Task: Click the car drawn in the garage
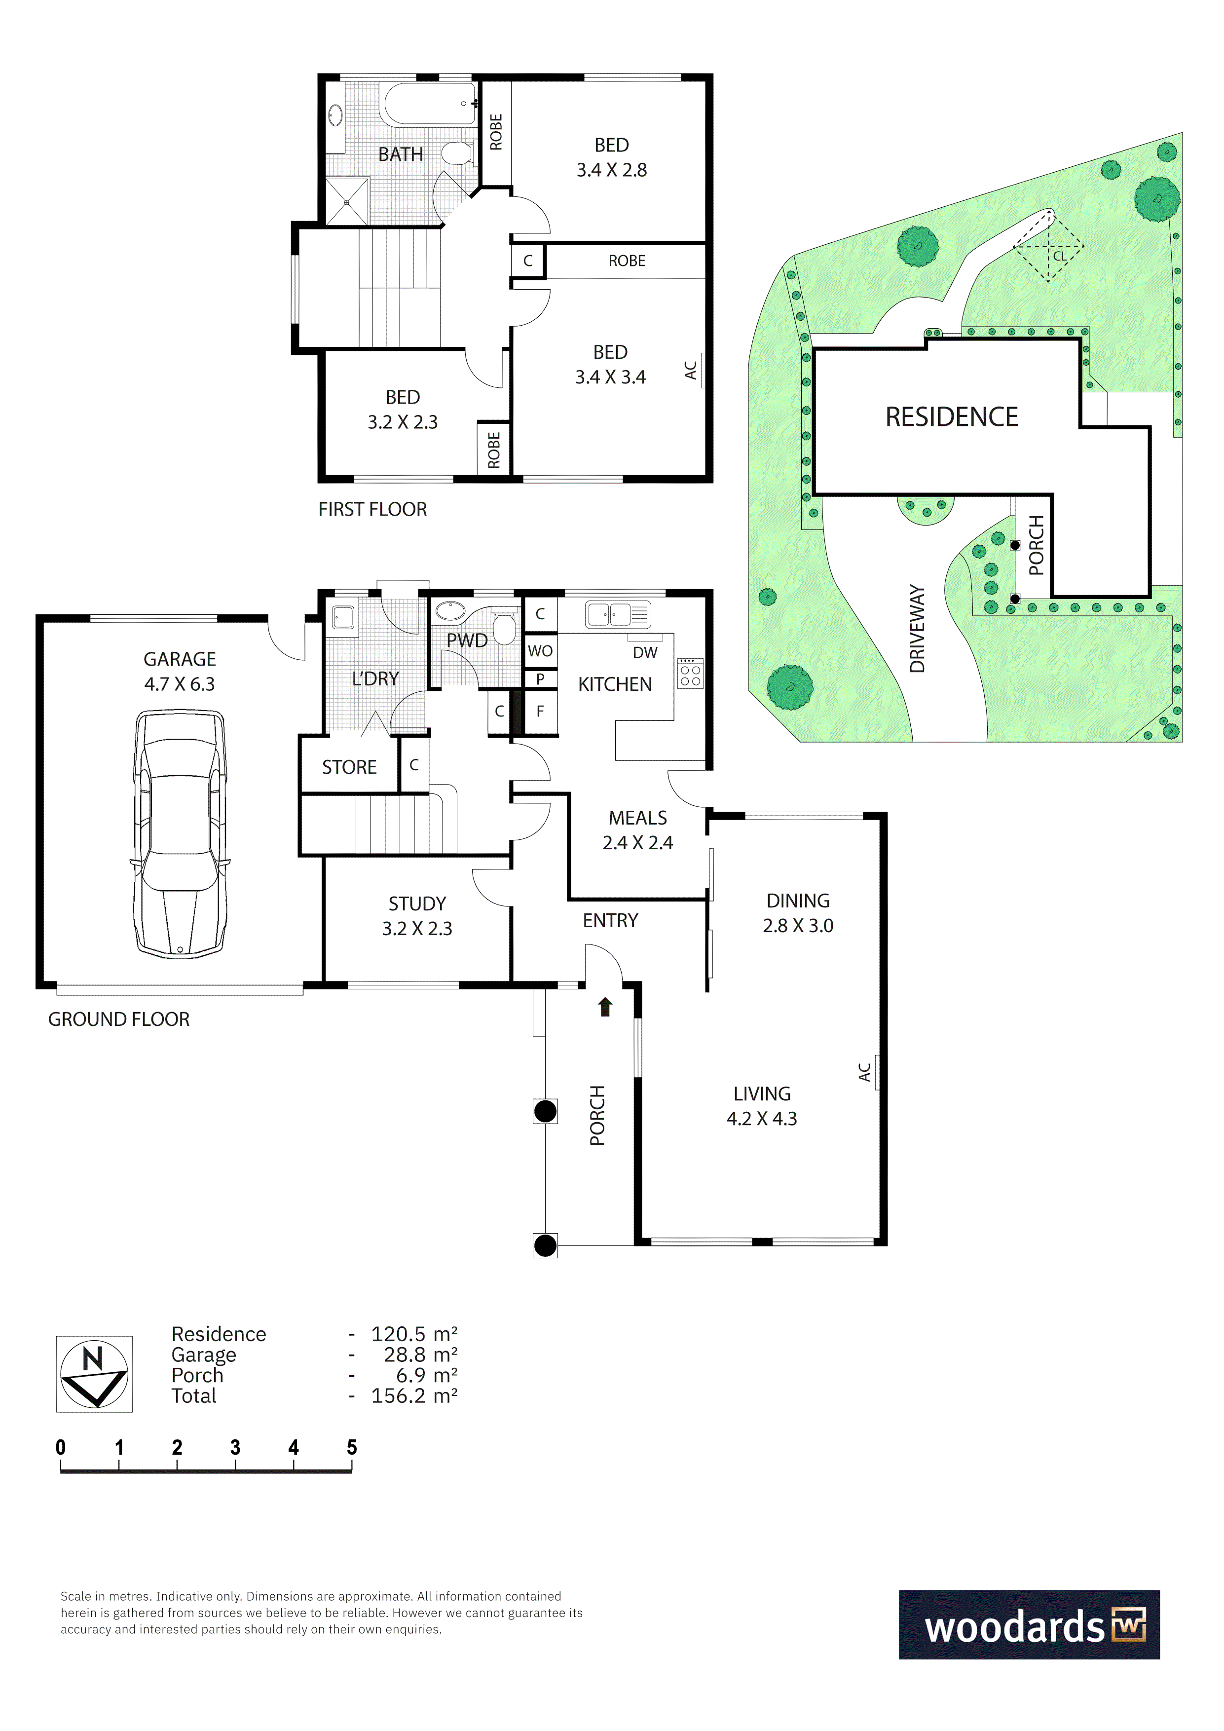(x=180, y=834)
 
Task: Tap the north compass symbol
(x=94, y=1374)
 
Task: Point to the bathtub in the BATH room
(x=429, y=104)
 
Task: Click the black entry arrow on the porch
(x=604, y=1007)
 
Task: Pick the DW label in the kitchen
(x=645, y=653)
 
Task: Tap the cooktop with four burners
(x=690, y=673)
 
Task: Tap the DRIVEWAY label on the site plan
(x=917, y=628)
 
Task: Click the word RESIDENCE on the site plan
(x=951, y=417)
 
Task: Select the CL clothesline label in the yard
(x=1060, y=256)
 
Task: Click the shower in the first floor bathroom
(x=347, y=201)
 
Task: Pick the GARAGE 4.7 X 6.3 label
(x=180, y=672)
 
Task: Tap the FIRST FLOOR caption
(x=372, y=510)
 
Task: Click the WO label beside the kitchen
(x=540, y=651)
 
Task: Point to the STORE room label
(x=349, y=767)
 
